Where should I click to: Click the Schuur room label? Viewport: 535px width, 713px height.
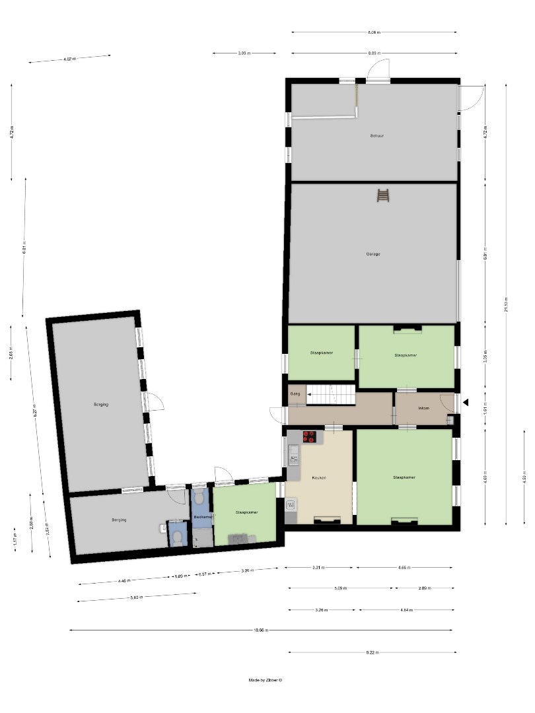coord(377,135)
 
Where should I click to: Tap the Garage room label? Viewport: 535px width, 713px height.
coord(373,254)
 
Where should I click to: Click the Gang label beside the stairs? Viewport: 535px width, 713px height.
coord(295,393)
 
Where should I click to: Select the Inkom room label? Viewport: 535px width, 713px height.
coord(424,408)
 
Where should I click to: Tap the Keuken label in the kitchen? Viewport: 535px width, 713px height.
coord(319,477)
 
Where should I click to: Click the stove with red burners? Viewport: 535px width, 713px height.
coord(309,436)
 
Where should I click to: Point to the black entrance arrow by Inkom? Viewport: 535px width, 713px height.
coord(466,402)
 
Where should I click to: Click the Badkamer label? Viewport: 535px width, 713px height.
coord(202,516)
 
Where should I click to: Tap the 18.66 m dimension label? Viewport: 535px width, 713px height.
coord(262,630)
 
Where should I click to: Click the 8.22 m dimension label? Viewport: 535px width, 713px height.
coord(372,652)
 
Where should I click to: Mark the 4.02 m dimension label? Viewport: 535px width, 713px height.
coord(69,59)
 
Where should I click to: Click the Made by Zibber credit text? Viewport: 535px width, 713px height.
coord(266,680)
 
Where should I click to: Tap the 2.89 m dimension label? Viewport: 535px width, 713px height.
coord(425,587)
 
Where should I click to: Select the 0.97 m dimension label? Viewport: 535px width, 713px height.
coord(205,574)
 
